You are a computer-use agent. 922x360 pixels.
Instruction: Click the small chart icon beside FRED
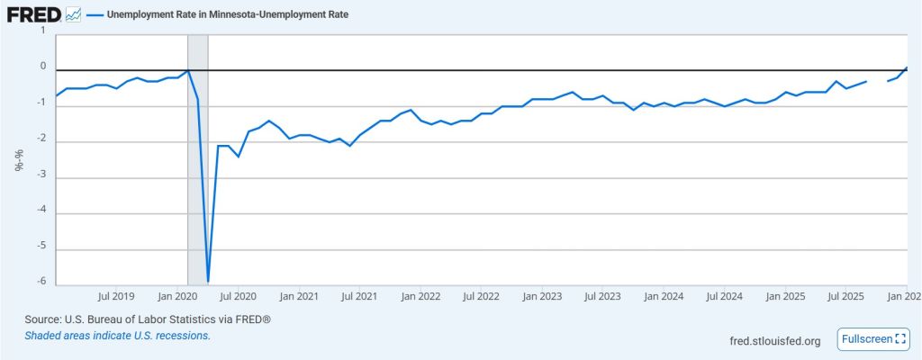tap(73, 15)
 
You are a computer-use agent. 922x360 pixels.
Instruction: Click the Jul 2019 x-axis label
tap(115, 295)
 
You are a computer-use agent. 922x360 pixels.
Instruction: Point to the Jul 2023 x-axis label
tap(602, 295)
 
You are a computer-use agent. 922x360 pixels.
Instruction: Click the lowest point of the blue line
tap(208, 282)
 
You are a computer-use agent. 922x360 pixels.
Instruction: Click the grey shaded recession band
tap(197, 180)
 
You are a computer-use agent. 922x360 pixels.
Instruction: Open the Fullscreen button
tap(872, 339)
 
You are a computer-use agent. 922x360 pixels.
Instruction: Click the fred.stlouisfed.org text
tap(775, 340)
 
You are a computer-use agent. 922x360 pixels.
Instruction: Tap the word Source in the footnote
tap(42, 319)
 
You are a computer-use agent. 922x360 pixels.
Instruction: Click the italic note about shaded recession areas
tap(118, 336)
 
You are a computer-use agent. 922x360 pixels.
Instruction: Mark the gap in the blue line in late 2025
tap(877, 81)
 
